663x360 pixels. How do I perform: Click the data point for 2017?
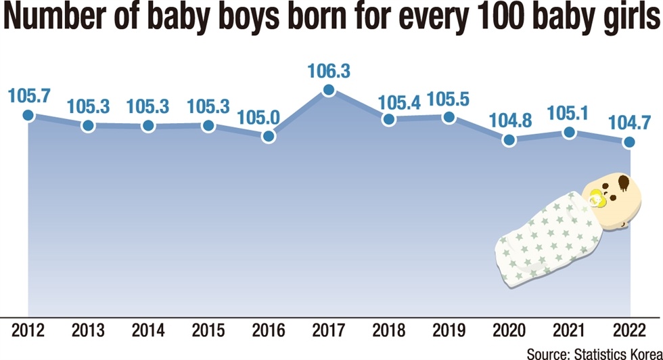329,90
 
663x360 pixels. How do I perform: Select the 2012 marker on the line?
28,115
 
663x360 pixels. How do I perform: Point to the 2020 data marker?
509,140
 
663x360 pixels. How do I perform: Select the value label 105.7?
28,95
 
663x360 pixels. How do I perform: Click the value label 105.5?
449,98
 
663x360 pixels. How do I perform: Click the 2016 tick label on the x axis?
269,332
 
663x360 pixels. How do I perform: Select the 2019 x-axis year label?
449,332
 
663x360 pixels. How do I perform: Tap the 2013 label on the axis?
88,332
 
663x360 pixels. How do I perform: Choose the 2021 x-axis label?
570,332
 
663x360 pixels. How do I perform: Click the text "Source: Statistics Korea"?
593,352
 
